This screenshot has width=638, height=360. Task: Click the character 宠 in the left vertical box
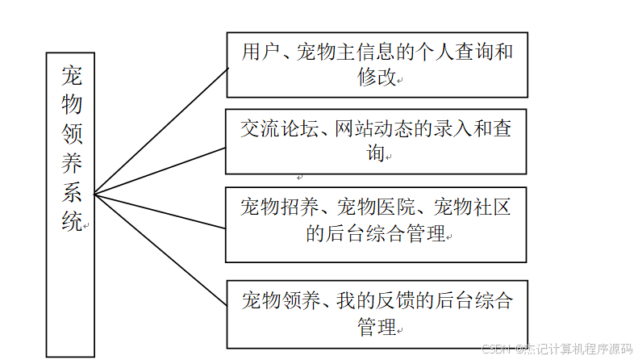click(x=71, y=76)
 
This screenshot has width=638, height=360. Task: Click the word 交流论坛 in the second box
click(x=277, y=130)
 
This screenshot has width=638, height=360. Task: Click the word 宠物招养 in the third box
click(x=277, y=207)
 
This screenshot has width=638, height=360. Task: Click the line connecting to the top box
click(x=161, y=129)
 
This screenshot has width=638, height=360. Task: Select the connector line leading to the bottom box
click(x=161, y=250)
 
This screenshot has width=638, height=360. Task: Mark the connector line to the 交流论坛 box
click(x=161, y=170)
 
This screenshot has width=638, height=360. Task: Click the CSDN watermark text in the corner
click(x=557, y=350)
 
